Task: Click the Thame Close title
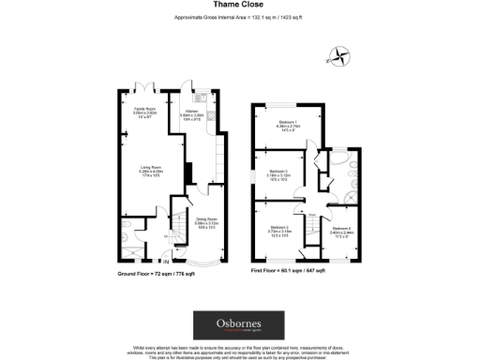[239, 7]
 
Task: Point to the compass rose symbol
[340, 55]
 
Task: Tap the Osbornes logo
[239, 324]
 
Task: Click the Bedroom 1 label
[287, 126]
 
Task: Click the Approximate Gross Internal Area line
[239, 18]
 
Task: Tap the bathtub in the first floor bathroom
[352, 170]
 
